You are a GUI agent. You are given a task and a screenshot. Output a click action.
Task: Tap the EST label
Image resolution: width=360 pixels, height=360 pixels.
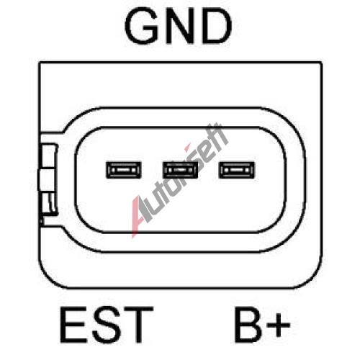pyautogui.click(x=107, y=324)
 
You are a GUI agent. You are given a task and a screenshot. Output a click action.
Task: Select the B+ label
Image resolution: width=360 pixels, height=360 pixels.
pyautogui.click(x=262, y=324)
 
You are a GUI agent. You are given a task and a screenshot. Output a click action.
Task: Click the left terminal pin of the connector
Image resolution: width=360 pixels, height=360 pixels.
pyautogui.click(x=123, y=170)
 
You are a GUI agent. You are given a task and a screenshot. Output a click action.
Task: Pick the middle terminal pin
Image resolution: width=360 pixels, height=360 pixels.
pyautogui.click(x=180, y=170)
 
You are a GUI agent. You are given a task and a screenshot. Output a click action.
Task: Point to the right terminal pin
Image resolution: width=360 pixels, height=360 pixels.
pyautogui.click(x=237, y=170)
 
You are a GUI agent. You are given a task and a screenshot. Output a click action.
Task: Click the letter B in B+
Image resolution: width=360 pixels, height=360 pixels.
pyautogui.click(x=248, y=324)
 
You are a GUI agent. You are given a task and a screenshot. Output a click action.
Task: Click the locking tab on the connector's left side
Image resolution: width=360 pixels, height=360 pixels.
pyautogui.click(x=48, y=179)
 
